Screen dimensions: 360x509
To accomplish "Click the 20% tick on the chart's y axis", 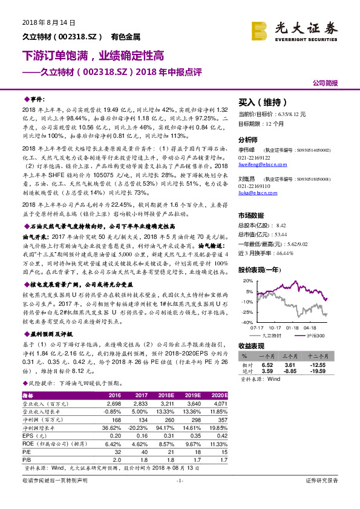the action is [x=246, y=280].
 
